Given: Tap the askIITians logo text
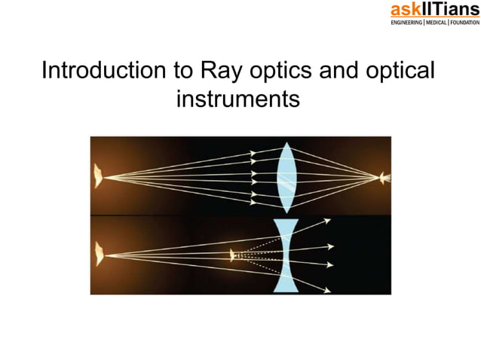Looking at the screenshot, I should pos(434,10).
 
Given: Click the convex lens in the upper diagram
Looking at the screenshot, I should pos(286,178).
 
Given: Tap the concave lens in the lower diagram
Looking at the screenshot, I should pos(285,255).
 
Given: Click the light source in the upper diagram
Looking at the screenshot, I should pos(98,178).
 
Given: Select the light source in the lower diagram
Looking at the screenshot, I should pos(98,255).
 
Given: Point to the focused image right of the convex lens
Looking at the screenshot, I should pos(384,178).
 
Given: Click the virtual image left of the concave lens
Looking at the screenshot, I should pos(233,255).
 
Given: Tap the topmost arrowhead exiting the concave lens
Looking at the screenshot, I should pos(327,221).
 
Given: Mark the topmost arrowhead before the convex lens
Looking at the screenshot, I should pos(253,154).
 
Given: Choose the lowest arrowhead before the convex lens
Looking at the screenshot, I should pos(253,201).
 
